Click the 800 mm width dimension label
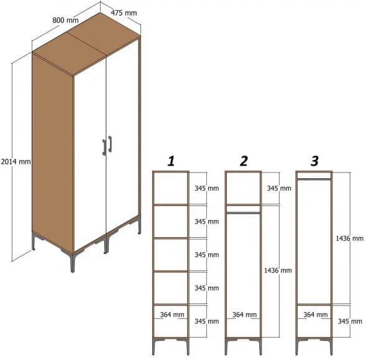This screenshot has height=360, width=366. [65, 20]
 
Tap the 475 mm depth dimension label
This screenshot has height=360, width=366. [124, 12]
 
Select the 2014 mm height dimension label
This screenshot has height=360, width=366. [16, 161]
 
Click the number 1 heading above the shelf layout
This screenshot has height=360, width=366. [170, 161]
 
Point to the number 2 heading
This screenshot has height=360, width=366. [244, 161]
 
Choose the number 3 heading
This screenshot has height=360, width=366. [314, 161]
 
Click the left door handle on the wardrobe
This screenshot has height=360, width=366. [104, 146]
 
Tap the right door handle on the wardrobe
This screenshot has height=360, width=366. [110, 143]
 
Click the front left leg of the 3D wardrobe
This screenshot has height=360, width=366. [71, 261]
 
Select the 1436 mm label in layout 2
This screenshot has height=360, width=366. [277, 271]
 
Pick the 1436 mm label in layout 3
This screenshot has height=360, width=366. [349, 238]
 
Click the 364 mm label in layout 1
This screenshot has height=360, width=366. [172, 315]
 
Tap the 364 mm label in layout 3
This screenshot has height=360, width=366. [316, 315]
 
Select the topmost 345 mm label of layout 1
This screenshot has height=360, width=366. [206, 188]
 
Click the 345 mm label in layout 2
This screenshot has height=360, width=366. [278, 188]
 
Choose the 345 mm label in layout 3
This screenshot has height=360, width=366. [349, 321]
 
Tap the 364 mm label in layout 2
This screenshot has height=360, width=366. [244, 315]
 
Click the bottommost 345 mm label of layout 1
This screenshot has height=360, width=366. [206, 321]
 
